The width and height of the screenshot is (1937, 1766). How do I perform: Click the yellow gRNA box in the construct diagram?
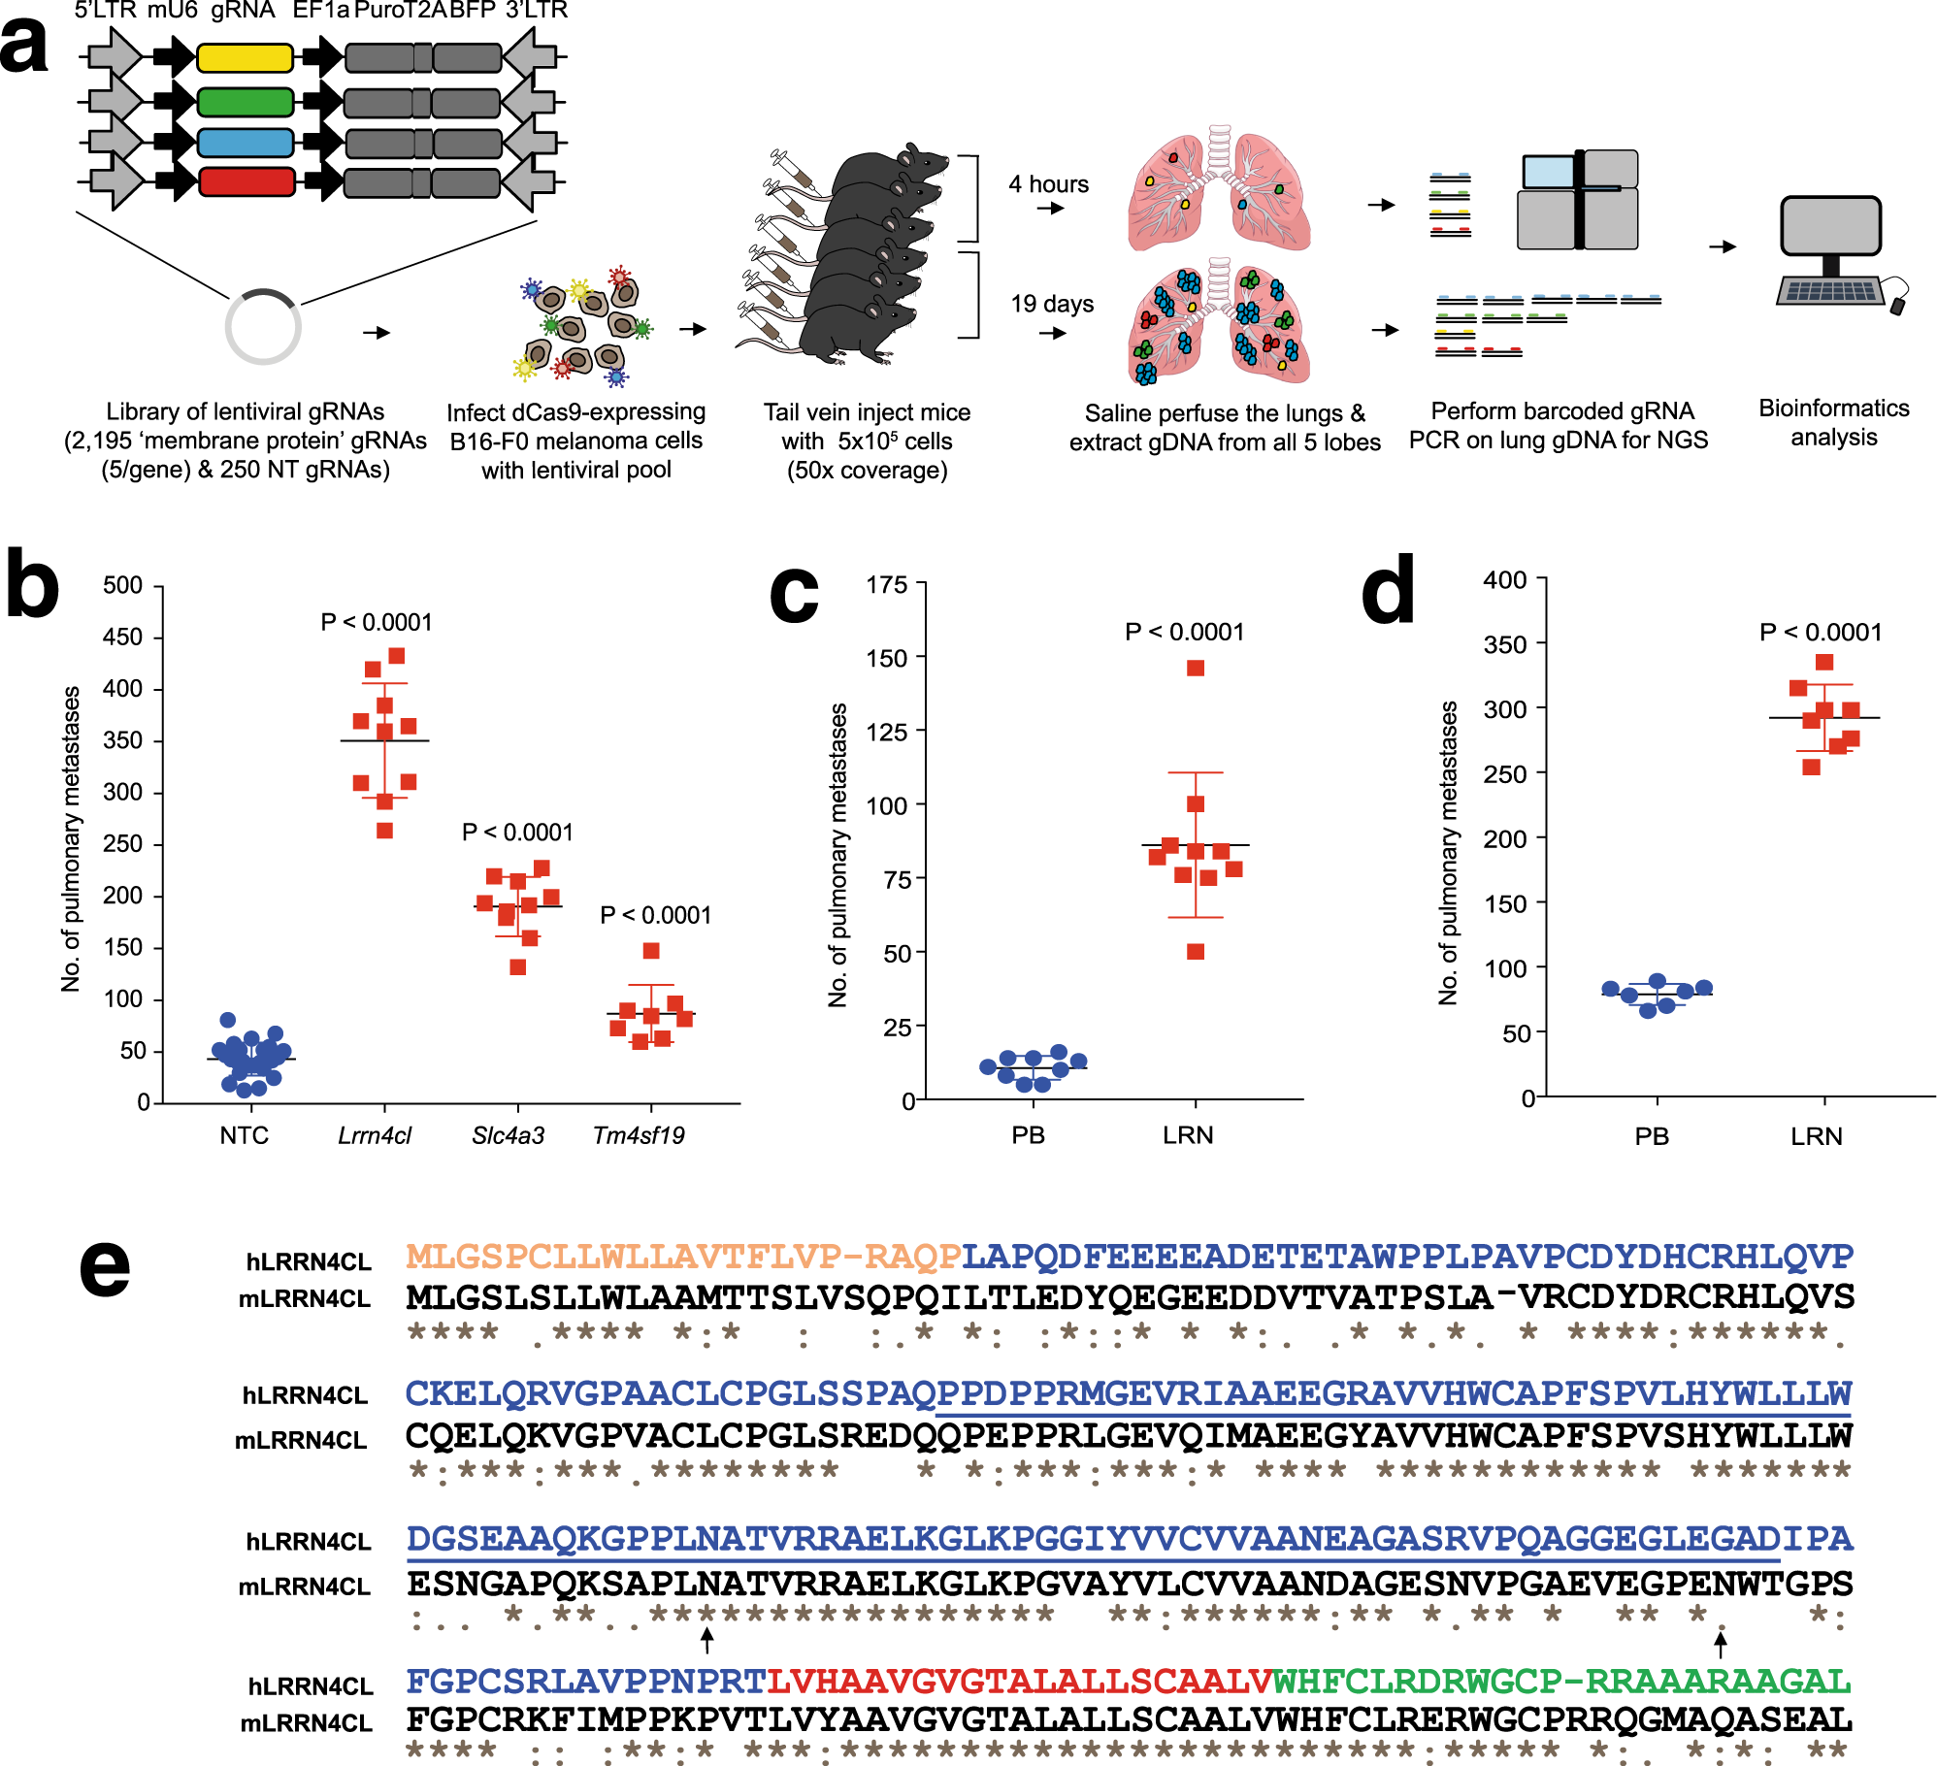[x=245, y=58]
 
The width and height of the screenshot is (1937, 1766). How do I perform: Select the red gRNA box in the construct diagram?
[x=246, y=181]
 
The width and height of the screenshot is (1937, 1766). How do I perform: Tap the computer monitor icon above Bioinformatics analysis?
[x=1831, y=227]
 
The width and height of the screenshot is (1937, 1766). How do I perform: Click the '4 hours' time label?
[x=1048, y=184]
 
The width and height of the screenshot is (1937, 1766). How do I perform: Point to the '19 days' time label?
[x=1052, y=304]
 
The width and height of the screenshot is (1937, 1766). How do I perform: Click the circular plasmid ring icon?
[x=263, y=327]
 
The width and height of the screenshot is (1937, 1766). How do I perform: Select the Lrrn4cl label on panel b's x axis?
[x=375, y=1135]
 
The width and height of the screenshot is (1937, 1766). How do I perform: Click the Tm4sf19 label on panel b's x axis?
[x=639, y=1135]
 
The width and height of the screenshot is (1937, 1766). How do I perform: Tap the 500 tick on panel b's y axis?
[x=123, y=585]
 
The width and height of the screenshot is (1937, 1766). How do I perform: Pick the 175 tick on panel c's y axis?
[x=887, y=584]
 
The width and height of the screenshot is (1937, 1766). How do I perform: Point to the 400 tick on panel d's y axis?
[x=1505, y=579]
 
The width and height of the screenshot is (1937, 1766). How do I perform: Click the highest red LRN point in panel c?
[x=1196, y=669]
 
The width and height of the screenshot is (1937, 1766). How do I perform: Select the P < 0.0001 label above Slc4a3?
[x=517, y=833]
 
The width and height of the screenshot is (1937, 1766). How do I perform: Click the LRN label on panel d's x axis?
[x=1817, y=1136]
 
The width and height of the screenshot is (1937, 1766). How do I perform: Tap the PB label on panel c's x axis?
[x=1029, y=1135]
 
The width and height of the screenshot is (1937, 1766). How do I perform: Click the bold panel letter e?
[x=105, y=1269]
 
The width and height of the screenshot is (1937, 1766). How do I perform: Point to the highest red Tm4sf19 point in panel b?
[x=651, y=951]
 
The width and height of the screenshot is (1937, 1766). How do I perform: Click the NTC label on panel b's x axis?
[x=244, y=1135]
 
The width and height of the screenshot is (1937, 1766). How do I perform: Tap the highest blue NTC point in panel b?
[x=228, y=1020]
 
